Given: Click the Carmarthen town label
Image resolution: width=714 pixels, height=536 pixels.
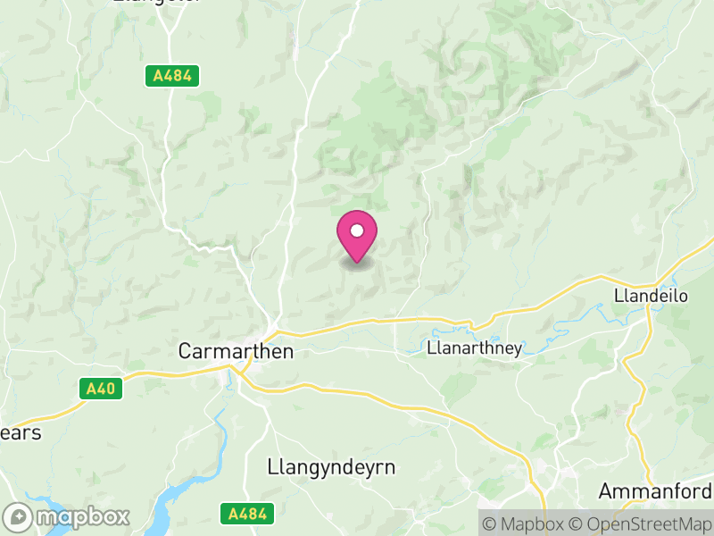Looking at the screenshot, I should coord(236,351).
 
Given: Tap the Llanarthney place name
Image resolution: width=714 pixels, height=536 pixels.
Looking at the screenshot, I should coord(475,348).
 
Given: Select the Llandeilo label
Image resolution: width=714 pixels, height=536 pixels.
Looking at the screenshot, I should coord(652,296).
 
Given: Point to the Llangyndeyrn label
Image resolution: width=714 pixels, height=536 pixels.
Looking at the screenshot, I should coord(331,467).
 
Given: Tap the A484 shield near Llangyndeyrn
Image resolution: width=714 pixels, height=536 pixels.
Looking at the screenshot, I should coord(246,513).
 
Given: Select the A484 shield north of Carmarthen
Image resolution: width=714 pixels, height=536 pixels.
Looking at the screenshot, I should coord(171,76).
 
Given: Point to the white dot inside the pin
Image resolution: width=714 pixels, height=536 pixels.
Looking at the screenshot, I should coord(357,231).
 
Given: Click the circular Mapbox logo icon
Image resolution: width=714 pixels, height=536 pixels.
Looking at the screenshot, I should coord(19,516).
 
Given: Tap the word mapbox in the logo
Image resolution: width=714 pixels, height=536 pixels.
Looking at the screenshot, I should coord(82,516).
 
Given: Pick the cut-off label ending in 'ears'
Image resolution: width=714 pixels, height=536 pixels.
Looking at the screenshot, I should coord(21,432).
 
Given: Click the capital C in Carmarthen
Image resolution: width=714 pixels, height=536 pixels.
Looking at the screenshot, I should coord(186,351).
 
